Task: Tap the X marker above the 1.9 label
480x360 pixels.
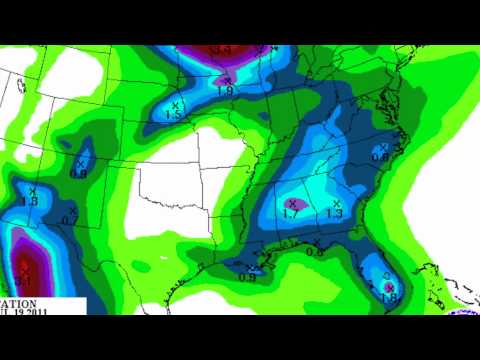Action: (x=227, y=79)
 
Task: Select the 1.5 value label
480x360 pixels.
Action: (x=173, y=115)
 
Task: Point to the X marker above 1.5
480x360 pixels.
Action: (x=176, y=104)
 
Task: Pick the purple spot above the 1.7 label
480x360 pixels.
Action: (x=291, y=203)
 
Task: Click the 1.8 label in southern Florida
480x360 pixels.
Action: (x=389, y=296)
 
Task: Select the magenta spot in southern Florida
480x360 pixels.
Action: (x=388, y=287)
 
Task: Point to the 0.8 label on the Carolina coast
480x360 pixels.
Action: (x=380, y=157)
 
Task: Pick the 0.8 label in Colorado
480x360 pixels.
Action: (x=79, y=172)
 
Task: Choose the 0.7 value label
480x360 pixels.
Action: (x=68, y=220)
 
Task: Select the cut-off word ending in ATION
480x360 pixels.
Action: (x=19, y=302)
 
